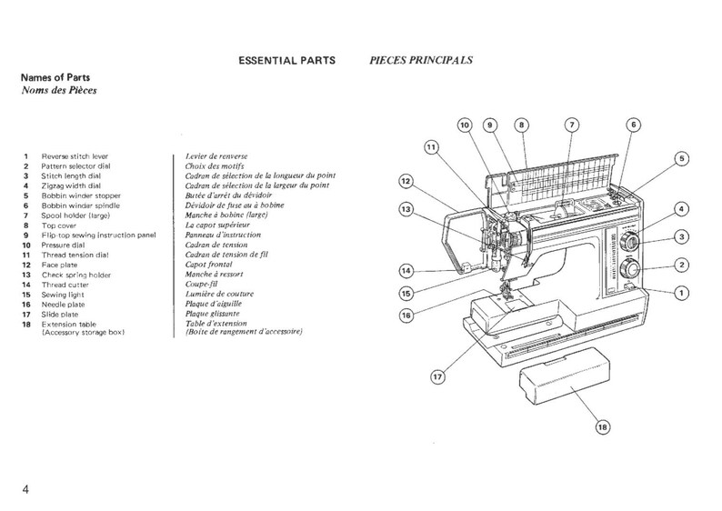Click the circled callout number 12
[x=406, y=181]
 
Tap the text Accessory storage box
[x=82, y=334]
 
